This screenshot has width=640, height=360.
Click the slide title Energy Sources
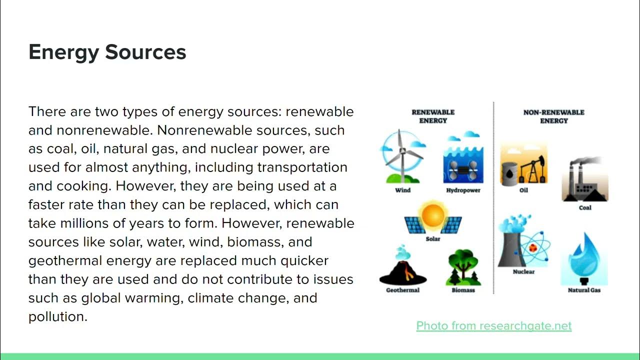[107, 52]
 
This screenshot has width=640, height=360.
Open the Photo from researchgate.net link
[493, 326]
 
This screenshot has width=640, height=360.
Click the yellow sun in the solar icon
[433, 215]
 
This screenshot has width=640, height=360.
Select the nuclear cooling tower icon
[512, 245]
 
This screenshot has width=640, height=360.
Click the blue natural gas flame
[584, 260]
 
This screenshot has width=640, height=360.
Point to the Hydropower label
[463, 190]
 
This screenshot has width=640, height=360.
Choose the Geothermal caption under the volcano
[402, 290]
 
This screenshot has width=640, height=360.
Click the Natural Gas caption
[584, 290]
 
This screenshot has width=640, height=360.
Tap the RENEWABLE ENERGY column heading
[433, 116]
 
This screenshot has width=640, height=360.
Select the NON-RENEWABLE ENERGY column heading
[553, 116]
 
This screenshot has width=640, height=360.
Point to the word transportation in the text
[302, 167]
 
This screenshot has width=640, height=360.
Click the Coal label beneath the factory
[585, 207]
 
